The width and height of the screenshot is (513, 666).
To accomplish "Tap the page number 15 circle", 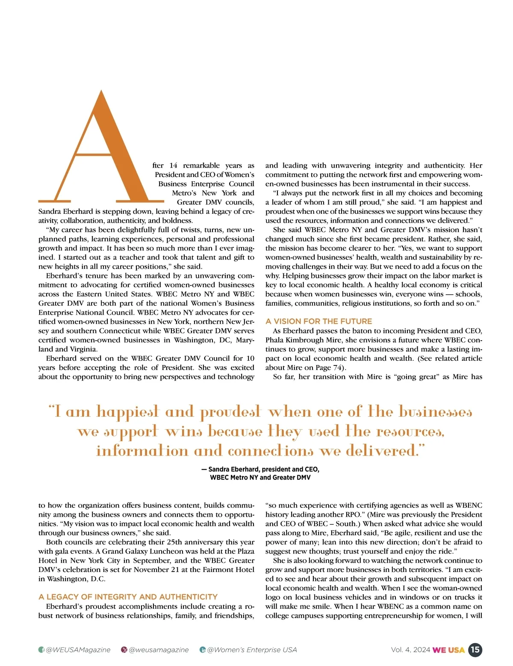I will click(x=475, y=650).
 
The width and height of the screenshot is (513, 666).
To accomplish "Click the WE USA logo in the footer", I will click(x=448, y=650).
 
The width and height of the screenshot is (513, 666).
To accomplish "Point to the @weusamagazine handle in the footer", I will click(x=159, y=650).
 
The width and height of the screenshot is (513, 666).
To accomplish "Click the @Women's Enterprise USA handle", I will click(x=252, y=650).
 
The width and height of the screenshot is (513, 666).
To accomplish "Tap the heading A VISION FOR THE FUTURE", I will click(x=318, y=321).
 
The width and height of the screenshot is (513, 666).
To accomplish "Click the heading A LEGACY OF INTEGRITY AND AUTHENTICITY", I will click(x=128, y=597).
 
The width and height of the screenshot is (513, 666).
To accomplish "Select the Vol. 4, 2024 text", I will click(x=410, y=650).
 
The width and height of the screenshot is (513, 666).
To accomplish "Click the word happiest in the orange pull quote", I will click(x=127, y=412).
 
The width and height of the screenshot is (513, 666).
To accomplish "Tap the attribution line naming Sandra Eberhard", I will click(x=260, y=469).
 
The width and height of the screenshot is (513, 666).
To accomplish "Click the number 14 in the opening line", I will click(x=173, y=165).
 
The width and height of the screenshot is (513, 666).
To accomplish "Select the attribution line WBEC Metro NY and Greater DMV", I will click(x=260, y=477).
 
